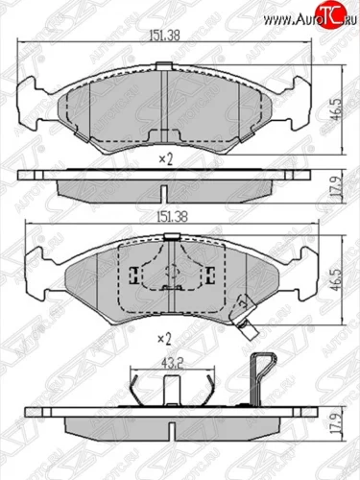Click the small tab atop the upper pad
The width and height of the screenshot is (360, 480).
pyautogui.click(x=169, y=64)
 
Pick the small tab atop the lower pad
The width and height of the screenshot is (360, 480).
pyautogui.click(x=170, y=238)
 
